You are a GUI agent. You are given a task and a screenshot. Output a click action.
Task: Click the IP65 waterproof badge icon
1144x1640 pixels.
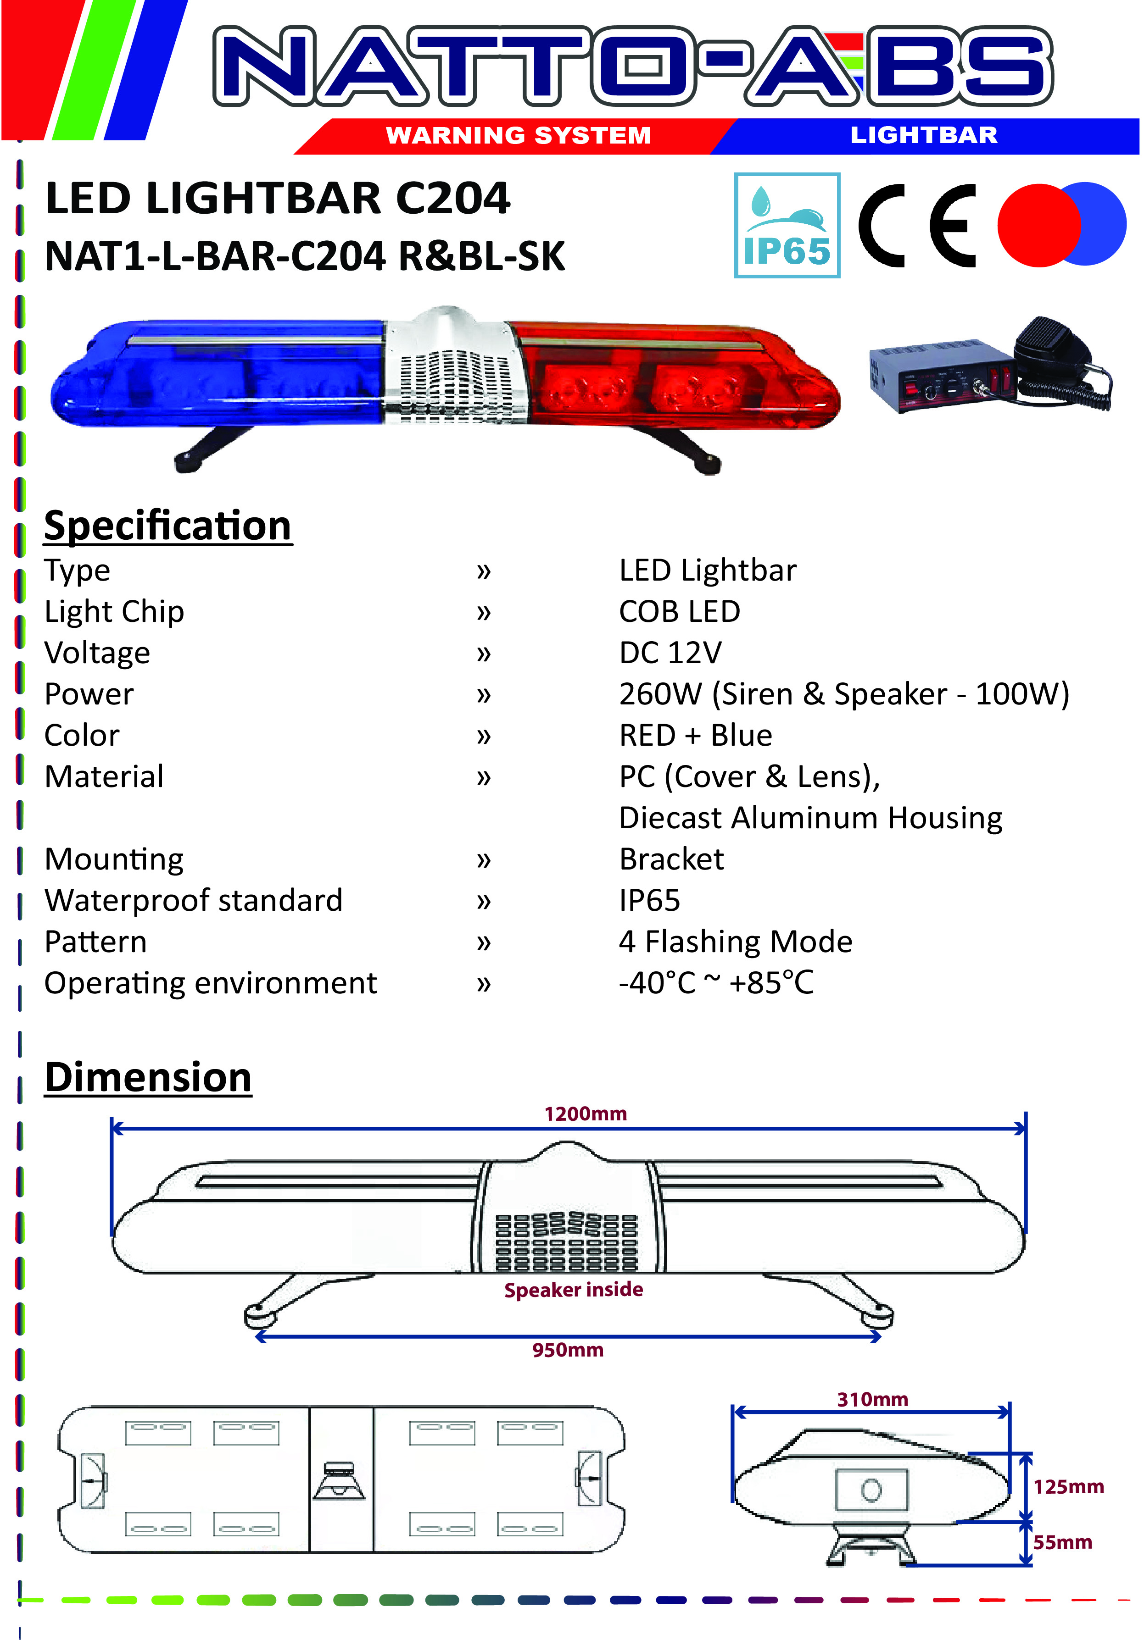tap(787, 225)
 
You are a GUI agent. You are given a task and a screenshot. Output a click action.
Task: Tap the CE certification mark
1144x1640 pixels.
tap(917, 225)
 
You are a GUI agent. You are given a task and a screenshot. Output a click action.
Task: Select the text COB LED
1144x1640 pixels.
tap(680, 611)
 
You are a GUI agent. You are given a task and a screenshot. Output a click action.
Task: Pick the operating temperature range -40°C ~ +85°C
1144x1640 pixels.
tap(716, 983)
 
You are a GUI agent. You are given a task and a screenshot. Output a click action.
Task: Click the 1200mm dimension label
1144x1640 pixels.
tap(585, 1114)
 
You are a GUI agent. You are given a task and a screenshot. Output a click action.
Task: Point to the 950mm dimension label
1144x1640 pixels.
tap(568, 1350)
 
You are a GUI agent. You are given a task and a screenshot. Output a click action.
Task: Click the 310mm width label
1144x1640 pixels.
tap(872, 1399)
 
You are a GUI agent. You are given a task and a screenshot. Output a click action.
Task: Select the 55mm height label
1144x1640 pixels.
tap(1062, 1542)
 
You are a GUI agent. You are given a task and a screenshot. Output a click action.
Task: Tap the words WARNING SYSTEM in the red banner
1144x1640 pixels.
tap(519, 135)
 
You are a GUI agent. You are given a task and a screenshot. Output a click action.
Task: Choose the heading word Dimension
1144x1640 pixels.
tap(148, 1077)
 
